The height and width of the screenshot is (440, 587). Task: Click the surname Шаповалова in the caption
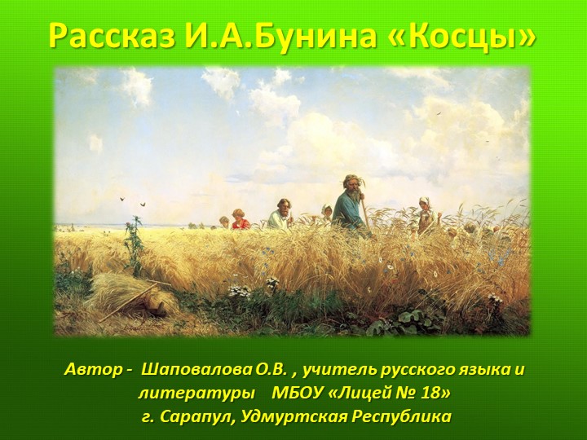pos(213,369)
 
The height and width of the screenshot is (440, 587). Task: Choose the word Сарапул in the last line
pos(196,416)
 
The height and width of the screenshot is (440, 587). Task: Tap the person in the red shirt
pos(240,219)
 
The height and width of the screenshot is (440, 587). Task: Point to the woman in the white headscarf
pos(426,213)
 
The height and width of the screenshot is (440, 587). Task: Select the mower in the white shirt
pos(281,214)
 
